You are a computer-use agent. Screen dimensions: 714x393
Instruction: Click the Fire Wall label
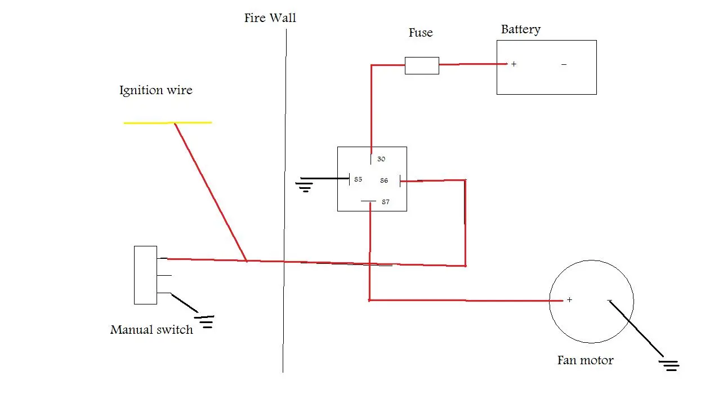[270, 18]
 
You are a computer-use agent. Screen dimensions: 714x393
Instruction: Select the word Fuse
[421, 33]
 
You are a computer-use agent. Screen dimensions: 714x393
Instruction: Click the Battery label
[520, 30]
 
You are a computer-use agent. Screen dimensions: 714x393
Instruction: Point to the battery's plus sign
[514, 64]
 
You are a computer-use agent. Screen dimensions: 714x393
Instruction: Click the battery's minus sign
[564, 64]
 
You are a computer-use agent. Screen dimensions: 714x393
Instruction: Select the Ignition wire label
[156, 90]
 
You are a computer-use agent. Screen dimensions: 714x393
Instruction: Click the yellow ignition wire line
[168, 122]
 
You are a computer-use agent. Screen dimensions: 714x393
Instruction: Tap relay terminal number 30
[381, 159]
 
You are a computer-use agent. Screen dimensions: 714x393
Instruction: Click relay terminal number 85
[358, 179]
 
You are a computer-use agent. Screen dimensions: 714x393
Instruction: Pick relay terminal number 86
[384, 180]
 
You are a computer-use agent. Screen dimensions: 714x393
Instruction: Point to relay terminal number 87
[385, 202]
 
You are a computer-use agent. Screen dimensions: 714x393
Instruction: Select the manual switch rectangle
[145, 275]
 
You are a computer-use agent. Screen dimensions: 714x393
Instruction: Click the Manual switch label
[151, 330]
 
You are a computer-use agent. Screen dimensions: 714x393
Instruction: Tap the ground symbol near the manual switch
[204, 321]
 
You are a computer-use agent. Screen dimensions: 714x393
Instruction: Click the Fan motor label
[585, 360]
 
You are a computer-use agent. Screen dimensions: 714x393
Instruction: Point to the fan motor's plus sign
[570, 300]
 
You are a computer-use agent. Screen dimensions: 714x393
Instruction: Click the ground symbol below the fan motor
[669, 365]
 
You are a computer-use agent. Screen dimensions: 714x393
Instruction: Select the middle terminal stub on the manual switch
[164, 275]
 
